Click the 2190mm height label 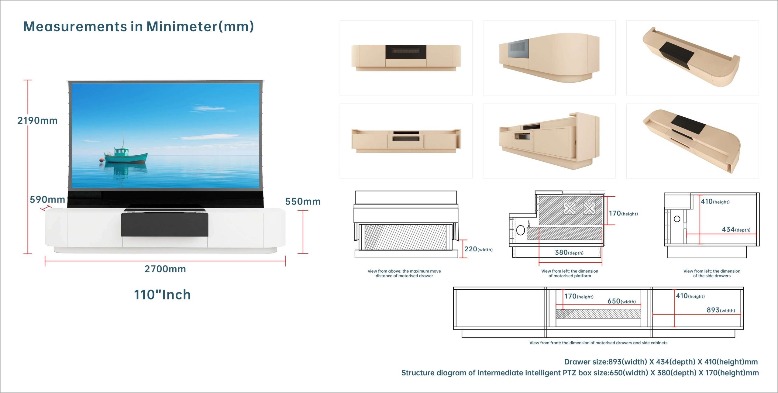coord(37,121)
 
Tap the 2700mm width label coord(165,269)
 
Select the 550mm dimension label coord(303,202)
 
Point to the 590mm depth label coord(47,199)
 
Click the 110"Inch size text coord(162,295)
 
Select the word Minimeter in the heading coord(182,26)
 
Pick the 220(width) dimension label coord(478,249)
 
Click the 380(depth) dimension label coord(569,253)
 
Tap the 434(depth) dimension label coord(736,229)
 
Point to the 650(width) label coord(621,301)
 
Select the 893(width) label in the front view coord(721,310)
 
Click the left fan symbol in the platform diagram coord(570,209)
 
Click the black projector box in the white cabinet coord(165,225)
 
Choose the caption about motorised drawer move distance coord(404,274)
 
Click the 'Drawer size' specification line coord(661,362)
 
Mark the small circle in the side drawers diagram coord(677,219)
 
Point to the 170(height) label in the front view coord(579,296)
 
